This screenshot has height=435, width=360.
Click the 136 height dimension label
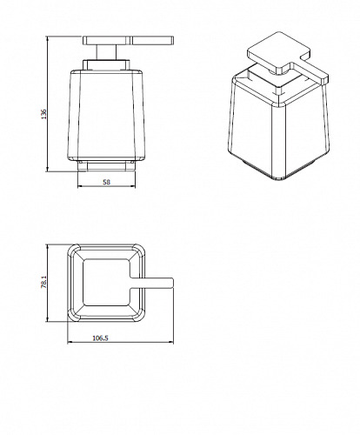point(43,114)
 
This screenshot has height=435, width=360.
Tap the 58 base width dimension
point(107,182)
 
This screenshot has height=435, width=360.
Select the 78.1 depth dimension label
point(43,282)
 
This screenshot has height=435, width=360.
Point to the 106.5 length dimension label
point(100,338)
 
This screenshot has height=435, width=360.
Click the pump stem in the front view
point(106,52)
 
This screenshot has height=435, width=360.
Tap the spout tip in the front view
point(172,40)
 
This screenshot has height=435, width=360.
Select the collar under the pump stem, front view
point(106,64)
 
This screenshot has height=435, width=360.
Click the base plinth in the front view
point(106,166)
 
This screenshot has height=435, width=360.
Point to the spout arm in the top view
point(151,283)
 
